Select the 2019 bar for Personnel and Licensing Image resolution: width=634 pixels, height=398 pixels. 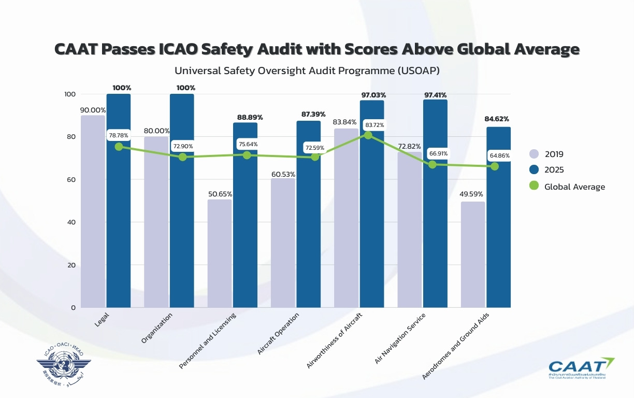(220, 253)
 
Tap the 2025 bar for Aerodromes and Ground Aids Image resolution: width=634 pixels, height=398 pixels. (498, 217)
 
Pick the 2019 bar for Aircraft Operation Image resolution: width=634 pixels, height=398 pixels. (283, 243)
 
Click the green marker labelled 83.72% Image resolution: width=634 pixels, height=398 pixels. (368, 135)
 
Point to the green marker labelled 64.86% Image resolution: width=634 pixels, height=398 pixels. (495, 166)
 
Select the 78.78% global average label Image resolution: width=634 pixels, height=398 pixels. (119, 136)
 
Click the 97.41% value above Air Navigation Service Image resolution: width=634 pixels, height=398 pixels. (435, 95)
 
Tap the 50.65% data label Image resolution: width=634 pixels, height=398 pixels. (220, 194)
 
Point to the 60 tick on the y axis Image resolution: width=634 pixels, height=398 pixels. (70, 180)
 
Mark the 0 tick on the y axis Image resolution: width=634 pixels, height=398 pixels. (73, 308)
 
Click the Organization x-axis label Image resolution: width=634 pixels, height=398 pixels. (156, 329)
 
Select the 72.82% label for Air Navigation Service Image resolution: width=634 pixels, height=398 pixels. (409, 147)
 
